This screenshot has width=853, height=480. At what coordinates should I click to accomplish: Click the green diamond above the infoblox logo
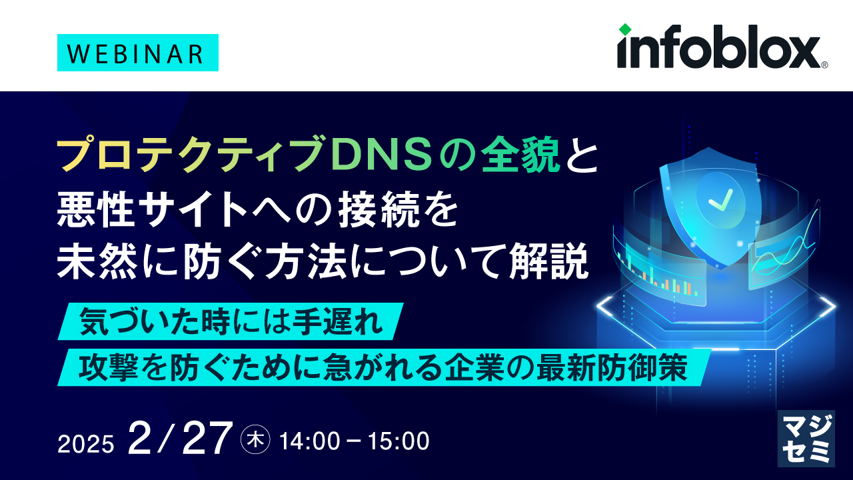(x=624, y=29)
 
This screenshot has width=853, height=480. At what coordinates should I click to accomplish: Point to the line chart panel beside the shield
(x=780, y=257)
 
